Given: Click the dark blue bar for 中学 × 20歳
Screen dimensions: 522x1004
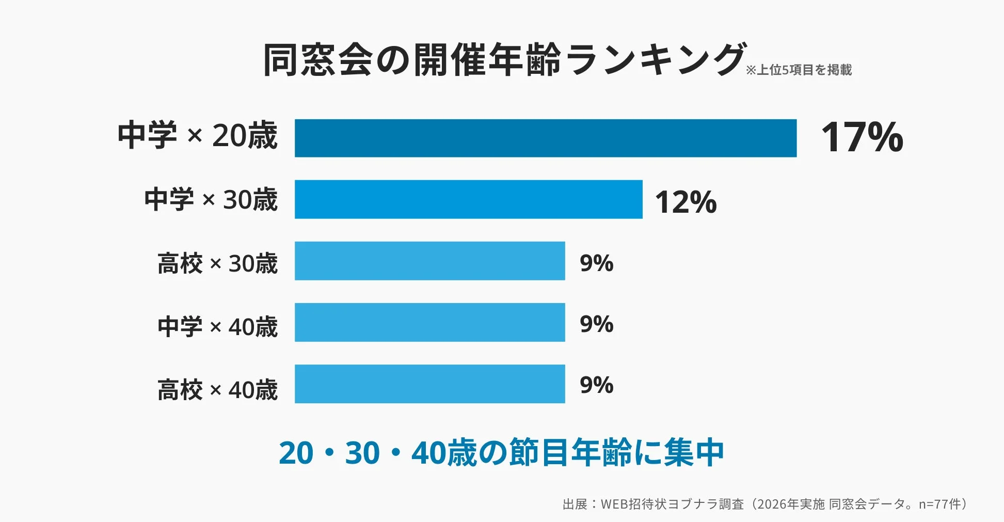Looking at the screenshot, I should tap(545, 138).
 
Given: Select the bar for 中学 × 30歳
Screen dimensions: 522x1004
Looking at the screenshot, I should tap(468, 199).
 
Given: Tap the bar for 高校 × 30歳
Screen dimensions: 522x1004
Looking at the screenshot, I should tap(429, 261).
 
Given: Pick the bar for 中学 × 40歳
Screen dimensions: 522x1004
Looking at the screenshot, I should tap(429, 322).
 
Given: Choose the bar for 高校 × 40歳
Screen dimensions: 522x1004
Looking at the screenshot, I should tap(429, 384).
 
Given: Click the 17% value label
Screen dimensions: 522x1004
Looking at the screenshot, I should tap(862, 138).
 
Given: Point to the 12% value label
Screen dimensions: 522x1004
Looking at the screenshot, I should tap(686, 202).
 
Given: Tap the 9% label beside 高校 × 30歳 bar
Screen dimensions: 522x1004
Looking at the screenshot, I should tap(596, 263).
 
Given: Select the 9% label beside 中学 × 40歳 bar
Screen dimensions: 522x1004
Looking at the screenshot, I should tap(596, 324).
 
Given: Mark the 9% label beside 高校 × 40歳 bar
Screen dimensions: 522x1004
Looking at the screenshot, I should tap(596, 385).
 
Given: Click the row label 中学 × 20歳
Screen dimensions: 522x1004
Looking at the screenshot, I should tap(198, 135).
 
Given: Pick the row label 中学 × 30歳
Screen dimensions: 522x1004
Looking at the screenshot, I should tap(211, 199).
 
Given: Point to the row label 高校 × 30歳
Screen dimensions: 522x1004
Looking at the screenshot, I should tap(217, 263).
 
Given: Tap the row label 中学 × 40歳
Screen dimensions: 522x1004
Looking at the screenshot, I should tap(217, 327).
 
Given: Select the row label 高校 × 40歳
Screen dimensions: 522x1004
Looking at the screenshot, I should tap(217, 390).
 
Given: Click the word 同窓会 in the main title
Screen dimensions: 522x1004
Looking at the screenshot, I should tap(317, 60).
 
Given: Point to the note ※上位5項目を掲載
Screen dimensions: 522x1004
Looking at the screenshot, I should tap(799, 70).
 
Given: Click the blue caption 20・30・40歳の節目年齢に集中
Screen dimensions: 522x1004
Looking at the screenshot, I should tap(501, 453).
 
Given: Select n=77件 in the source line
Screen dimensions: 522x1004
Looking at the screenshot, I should tap(941, 504).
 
